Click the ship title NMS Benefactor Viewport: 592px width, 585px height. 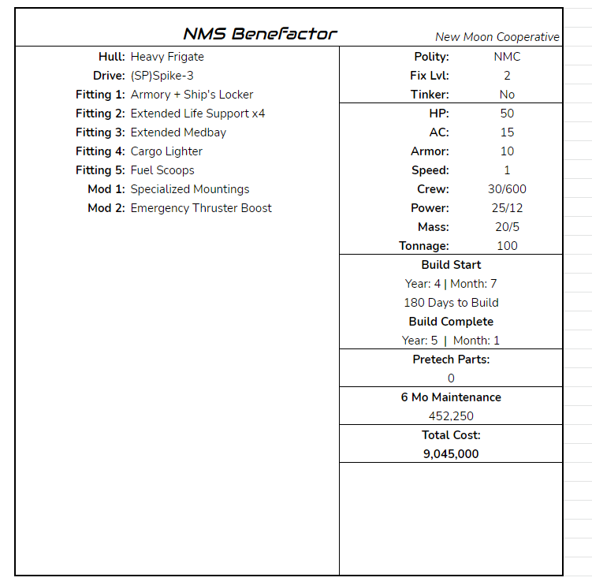pyautogui.click(x=259, y=34)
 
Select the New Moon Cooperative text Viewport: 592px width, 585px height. pyautogui.click(x=497, y=37)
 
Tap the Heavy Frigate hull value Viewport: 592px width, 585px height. pyautogui.click(x=167, y=57)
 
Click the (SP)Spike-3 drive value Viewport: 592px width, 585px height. pyautogui.click(x=162, y=76)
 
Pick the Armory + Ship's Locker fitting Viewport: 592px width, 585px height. pyautogui.click(x=192, y=95)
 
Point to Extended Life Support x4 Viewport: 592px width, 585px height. pyautogui.click(x=198, y=114)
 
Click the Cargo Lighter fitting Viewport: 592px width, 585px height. pyautogui.click(x=166, y=151)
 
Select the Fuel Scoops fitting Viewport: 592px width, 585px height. pyautogui.click(x=162, y=170)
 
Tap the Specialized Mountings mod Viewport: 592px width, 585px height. pyautogui.click(x=190, y=189)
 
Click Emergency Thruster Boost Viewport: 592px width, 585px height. pyautogui.click(x=201, y=208)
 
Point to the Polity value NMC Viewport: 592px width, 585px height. pyautogui.click(x=507, y=57)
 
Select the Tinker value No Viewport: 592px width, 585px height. pyautogui.click(x=507, y=95)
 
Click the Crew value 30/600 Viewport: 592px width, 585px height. pyautogui.click(x=507, y=189)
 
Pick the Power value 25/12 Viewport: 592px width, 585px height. pyautogui.click(x=507, y=208)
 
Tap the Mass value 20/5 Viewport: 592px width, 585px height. pyautogui.click(x=507, y=227)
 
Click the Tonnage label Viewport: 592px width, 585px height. pyautogui.click(x=424, y=246)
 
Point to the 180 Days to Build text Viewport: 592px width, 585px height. pyautogui.click(x=451, y=303)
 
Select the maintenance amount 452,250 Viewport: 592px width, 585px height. pyautogui.click(x=451, y=416)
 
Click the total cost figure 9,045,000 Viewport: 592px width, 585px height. pyautogui.click(x=451, y=454)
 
